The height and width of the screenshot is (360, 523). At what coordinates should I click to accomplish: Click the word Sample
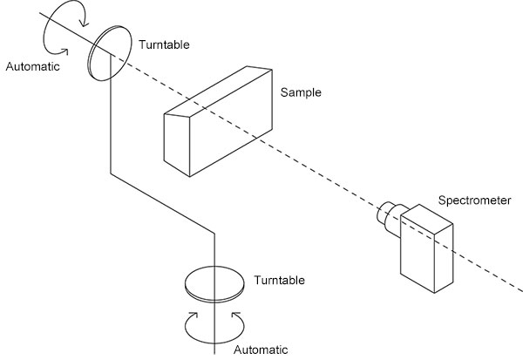tap(301, 92)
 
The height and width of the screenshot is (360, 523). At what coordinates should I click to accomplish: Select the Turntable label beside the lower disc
tap(279, 280)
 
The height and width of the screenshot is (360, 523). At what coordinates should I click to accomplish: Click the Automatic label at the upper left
tap(33, 65)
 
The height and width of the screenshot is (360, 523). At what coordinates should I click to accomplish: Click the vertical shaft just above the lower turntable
tap(214, 253)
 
